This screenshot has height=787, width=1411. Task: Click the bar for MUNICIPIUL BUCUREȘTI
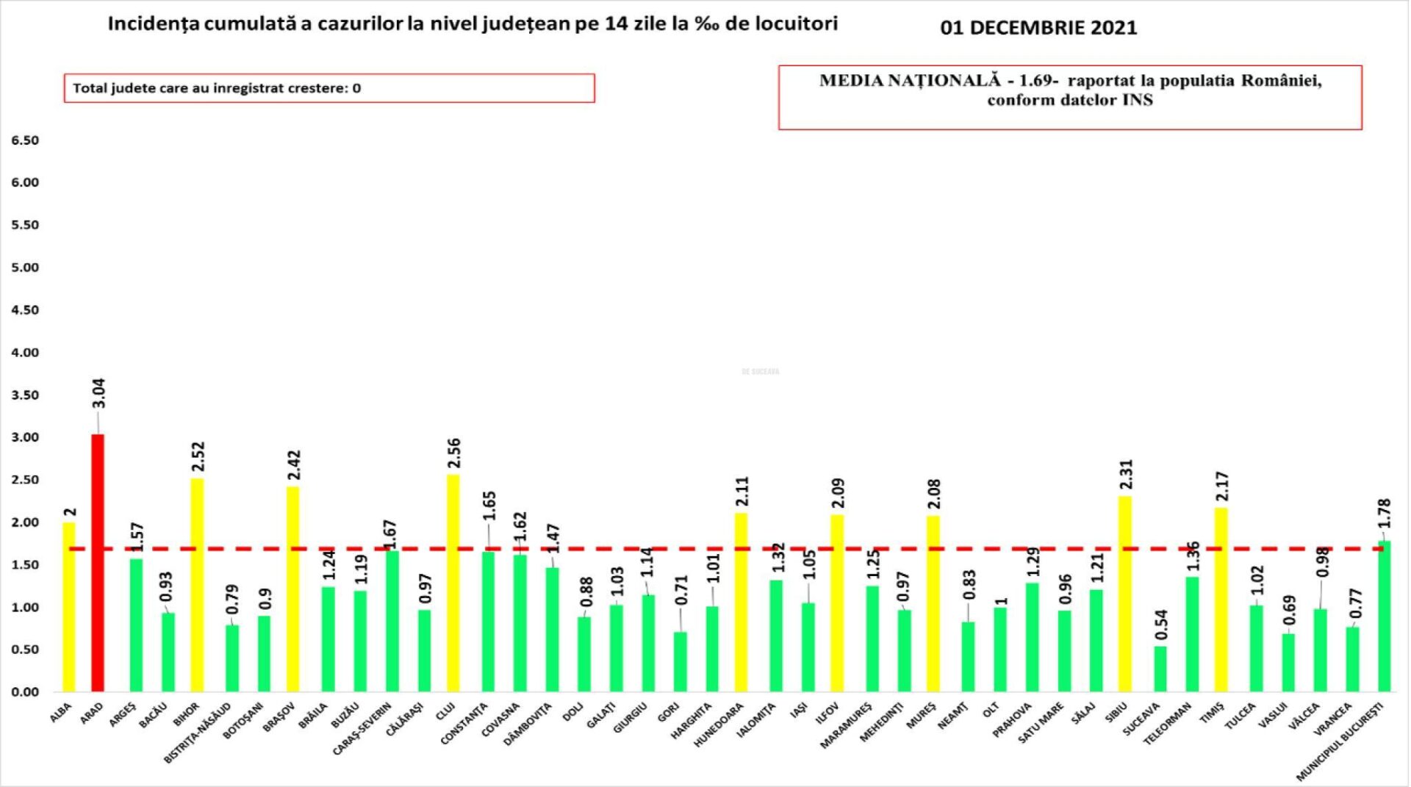(x=1385, y=617)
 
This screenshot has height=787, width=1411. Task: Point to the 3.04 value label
(x=98, y=393)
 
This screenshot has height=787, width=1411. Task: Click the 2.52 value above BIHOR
(x=198, y=456)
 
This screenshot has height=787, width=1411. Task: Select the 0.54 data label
(x=1161, y=625)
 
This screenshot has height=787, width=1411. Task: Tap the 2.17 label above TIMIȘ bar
(x=1222, y=486)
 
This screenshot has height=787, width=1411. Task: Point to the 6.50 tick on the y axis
(x=25, y=140)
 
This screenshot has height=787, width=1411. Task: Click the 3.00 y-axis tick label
(x=25, y=437)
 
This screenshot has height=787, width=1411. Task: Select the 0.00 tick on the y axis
(x=25, y=692)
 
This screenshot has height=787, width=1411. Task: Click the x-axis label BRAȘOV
(x=279, y=715)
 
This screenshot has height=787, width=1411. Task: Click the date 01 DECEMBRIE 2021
(x=1038, y=28)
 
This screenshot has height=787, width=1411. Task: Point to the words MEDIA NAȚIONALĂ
(x=910, y=81)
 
